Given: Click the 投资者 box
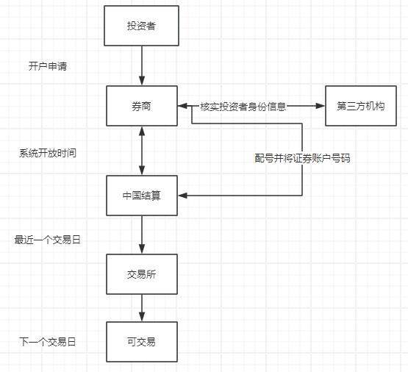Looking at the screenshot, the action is (142, 26).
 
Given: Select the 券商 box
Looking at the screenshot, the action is (142, 106).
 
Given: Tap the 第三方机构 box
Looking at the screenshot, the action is (361, 106).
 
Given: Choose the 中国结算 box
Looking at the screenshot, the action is (142, 196).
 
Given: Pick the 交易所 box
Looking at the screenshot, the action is (142, 274).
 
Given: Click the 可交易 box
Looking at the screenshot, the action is (142, 342).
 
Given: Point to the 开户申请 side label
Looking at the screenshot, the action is (48, 66).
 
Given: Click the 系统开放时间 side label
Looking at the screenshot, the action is (48, 153).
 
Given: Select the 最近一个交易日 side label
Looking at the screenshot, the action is (47, 240).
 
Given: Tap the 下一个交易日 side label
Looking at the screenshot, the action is (48, 342).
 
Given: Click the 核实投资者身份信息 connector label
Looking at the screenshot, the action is (243, 107).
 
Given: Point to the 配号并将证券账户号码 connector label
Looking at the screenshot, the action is (302, 158).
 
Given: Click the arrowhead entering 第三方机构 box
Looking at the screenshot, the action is (321, 106).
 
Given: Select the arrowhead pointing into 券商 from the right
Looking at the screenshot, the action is (182, 106).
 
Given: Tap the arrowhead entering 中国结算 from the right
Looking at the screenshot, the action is (183, 196).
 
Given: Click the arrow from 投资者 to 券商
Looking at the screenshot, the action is (142, 66).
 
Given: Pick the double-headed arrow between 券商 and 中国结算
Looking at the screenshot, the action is (142, 151).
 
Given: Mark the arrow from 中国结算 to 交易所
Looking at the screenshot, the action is (142, 235).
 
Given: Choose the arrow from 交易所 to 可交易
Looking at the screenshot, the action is (142, 308).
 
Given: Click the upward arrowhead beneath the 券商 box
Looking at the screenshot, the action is (142, 131).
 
